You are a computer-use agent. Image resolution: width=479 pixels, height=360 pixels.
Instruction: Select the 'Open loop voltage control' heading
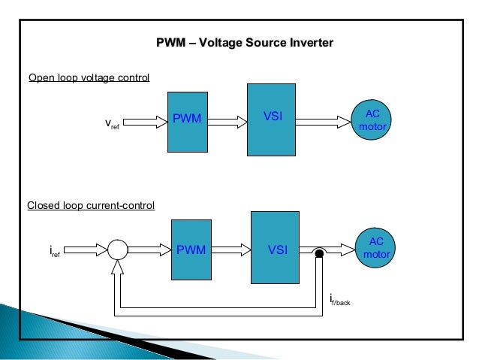click(x=89, y=78)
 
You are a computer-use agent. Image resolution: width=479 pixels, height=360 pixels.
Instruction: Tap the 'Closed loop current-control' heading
click(x=91, y=204)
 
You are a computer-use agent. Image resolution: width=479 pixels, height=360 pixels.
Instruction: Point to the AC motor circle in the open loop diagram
click(x=372, y=119)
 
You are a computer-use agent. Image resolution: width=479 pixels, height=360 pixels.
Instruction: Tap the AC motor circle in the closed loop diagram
click(x=377, y=248)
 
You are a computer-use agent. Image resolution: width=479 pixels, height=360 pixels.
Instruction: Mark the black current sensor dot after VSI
click(x=318, y=254)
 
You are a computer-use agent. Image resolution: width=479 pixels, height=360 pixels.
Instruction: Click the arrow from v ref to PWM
click(x=148, y=119)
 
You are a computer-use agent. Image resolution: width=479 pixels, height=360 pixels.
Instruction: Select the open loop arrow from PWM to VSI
click(x=228, y=119)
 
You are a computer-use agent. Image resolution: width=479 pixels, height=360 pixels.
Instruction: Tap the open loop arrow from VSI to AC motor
click(x=325, y=119)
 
